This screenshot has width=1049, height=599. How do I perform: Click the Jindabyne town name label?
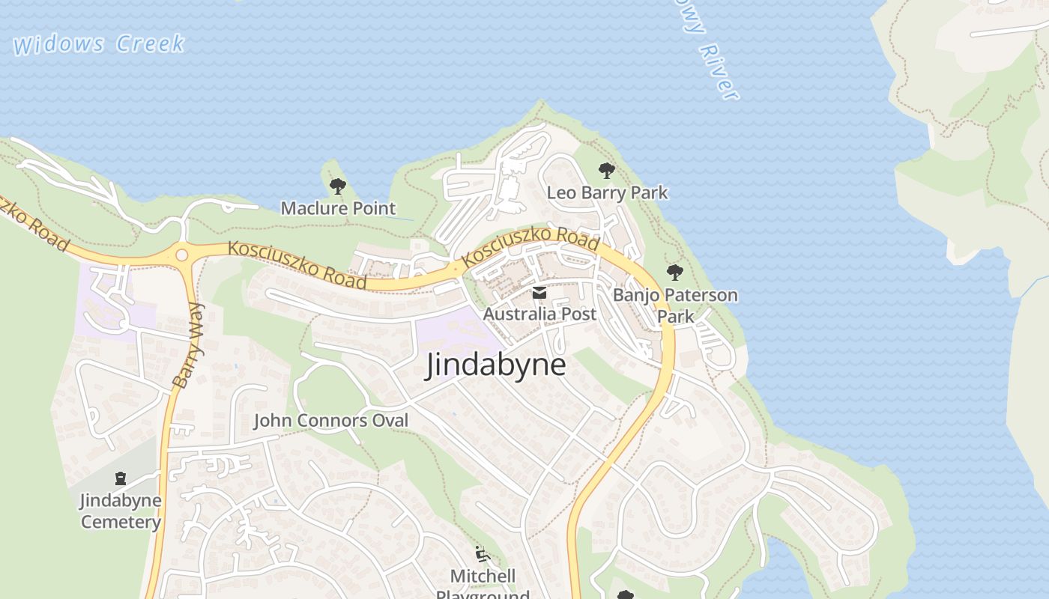click(x=496, y=365)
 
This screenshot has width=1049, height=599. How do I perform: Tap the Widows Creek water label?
click(x=98, y=43)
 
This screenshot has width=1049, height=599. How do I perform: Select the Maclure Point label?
click(x=338, y=208)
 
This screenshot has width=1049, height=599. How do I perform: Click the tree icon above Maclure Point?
click(x=338, y=186)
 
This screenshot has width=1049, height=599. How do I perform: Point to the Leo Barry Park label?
click(x=607, y=192)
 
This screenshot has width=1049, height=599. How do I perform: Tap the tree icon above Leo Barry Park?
click(x=607, y=171)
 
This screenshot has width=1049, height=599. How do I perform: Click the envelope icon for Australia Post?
click(x=539, y=293)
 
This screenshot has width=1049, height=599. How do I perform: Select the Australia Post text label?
click(x=539, y=314)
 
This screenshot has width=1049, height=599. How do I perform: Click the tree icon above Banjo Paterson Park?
click(x=675, y=273)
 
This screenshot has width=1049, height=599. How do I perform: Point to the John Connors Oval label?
click(x=331, y=421)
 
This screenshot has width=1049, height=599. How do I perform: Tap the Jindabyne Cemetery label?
click(x=121, y=511)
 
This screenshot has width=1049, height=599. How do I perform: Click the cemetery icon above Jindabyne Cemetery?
click(x=121, y=478)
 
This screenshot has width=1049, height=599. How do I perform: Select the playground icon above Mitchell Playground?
click(x=483, y=555)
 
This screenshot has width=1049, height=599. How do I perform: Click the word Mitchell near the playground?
click(x=483, y=576)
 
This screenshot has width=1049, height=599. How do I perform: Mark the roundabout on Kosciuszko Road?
click(x=181, y=255)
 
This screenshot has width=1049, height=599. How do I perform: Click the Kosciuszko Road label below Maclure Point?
click(x=297, y=265)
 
